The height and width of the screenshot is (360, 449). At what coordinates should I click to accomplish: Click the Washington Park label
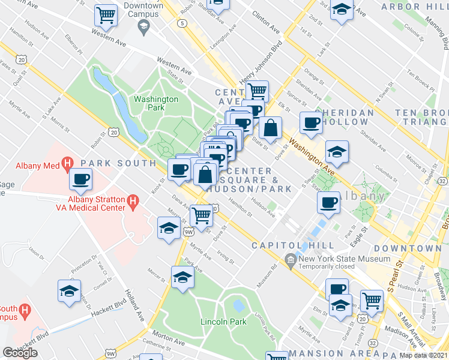pyautogui.click(x=156, y=103)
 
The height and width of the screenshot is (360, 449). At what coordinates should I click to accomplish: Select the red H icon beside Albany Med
pyautogui.click(x=68, y=163)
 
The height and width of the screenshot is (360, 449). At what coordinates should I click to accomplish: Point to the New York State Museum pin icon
pyautogui.click(x=291, y=259)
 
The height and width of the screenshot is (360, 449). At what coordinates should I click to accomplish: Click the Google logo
pyautogui.click(x=20, y=352)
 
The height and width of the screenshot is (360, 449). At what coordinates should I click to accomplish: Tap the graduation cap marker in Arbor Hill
pyautogui.click(x=342, y=10)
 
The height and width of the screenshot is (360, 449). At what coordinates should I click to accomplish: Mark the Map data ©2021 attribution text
pyautogui.click(x=423, y=355)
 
